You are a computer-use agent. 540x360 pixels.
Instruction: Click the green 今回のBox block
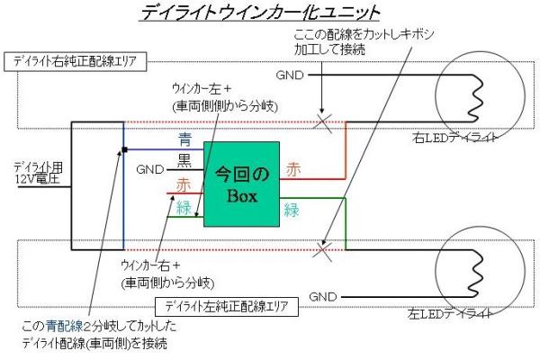241,184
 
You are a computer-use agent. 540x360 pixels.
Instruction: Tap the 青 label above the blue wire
184,139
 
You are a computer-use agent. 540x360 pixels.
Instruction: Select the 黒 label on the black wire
184,160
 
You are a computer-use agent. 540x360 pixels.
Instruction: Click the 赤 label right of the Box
293,169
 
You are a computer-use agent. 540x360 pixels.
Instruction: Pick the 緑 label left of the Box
184,208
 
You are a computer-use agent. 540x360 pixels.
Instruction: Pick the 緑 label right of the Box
292,210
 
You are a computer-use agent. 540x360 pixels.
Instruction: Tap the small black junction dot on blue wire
125,149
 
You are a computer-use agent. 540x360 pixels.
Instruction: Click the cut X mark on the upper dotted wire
322,122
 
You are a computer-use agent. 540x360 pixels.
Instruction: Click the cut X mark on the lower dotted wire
322,250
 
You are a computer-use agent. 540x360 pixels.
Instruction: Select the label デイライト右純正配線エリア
76,62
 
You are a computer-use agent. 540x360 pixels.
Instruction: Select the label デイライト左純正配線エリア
227,306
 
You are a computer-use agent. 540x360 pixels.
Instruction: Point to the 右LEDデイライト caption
454,138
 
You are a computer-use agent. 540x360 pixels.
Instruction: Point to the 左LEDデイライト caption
450,313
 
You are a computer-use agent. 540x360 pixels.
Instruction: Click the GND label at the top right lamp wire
290,75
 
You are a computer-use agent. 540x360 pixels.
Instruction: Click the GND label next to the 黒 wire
150,169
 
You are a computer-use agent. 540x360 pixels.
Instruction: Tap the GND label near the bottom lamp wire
323,297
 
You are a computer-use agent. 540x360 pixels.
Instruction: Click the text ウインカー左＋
202,89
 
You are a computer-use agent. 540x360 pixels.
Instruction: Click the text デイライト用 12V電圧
39,174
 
